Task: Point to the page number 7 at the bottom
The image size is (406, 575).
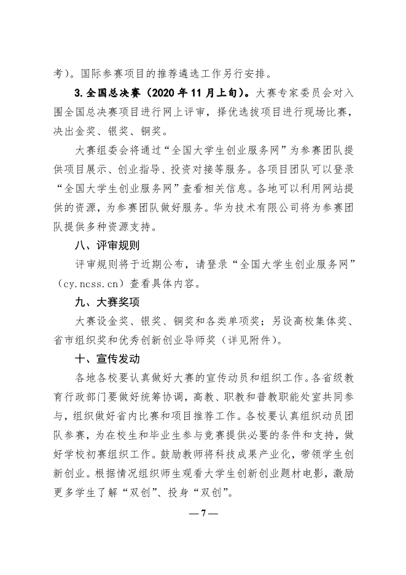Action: pyautogui.click(x=202, y=514)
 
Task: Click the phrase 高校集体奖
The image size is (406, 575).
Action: pyautogui.click(x=321, y=320)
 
